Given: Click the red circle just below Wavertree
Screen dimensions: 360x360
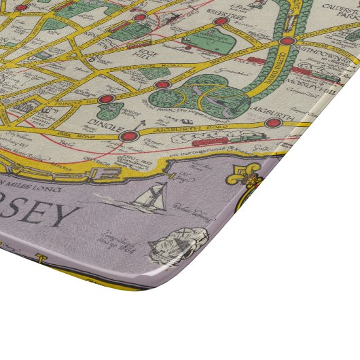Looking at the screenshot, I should (219, 22).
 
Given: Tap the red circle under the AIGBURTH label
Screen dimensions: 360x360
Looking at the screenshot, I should (273, 124).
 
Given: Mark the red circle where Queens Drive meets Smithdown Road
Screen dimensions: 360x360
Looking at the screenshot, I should (287, 41).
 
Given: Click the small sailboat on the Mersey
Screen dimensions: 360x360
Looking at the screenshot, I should (150, 196).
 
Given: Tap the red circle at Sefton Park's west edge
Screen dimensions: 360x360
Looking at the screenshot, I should (162, 85).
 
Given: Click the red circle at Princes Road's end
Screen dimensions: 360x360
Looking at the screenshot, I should (106, 99).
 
